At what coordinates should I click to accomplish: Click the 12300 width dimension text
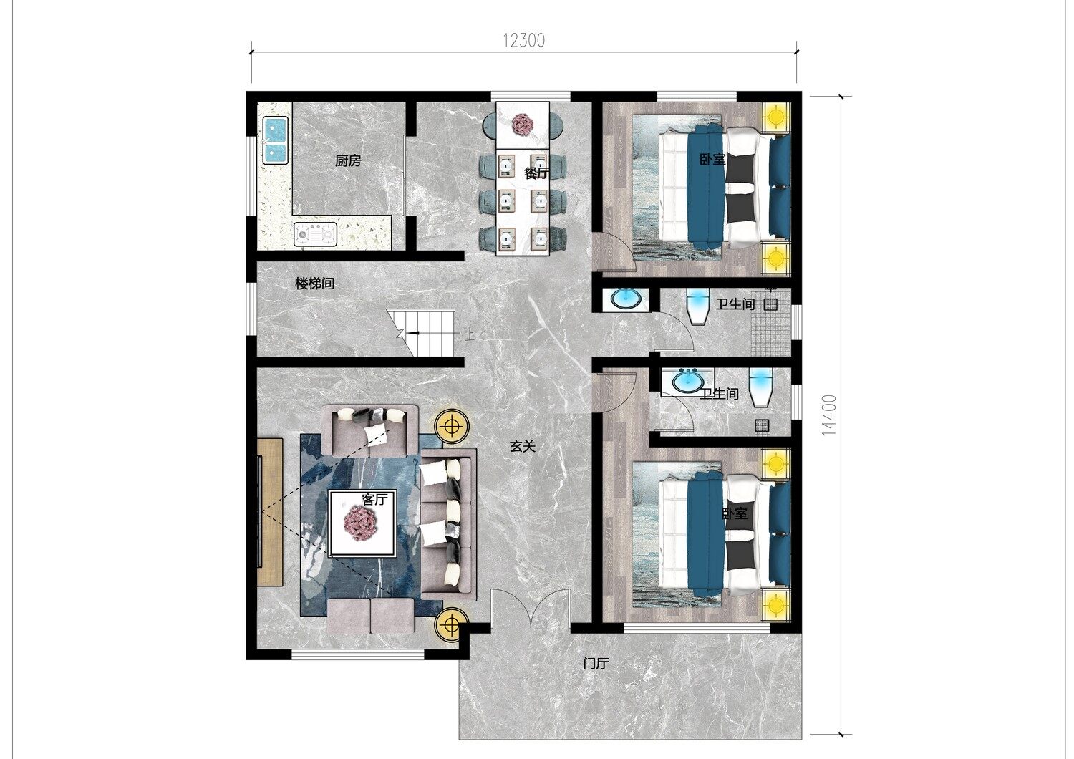[x=523, y=41]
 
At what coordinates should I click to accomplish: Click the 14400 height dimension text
[x=829, y=415]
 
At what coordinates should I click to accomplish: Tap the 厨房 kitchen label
[x=348, y=160]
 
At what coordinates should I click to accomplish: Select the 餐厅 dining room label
[x=536, y=173]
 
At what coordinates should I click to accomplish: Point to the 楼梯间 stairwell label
[x=314, y=284]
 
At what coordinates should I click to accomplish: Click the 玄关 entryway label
[x=522, y=446]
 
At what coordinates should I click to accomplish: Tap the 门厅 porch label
[x=596, y=664]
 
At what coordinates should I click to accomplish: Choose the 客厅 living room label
[x=374, y=499]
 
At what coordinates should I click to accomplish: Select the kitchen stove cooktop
[x=315, y=234]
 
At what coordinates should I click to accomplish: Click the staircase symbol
[x=420, y=333]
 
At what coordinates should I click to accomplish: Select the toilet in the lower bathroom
[x=760, y=387]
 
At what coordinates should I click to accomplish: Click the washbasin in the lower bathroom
[x=687, y=382]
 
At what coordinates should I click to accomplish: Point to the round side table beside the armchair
[x=451, y=425]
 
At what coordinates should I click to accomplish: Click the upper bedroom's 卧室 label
[x=712, y=159]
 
